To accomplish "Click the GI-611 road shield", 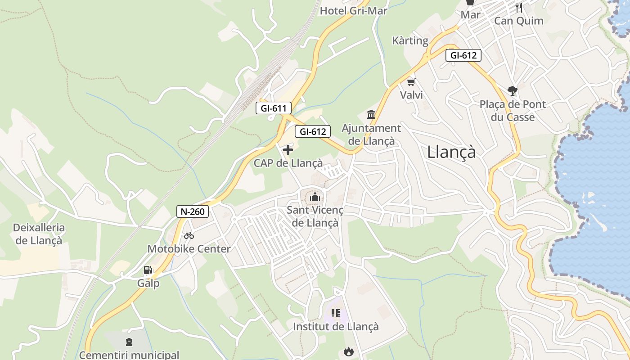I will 274,108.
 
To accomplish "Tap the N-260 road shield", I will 193,211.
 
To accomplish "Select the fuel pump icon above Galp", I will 148,270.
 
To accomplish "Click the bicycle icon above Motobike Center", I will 189,235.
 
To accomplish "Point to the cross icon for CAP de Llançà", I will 288,149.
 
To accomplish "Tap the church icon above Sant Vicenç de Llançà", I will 315,197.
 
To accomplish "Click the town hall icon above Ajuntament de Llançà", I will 371,114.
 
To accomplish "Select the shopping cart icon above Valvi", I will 411,82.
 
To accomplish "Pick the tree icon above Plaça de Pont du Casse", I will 512,91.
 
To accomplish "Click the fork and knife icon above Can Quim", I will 519,7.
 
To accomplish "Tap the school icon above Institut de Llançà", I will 336,313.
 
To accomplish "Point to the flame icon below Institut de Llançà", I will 348,351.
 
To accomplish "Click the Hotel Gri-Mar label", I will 353,11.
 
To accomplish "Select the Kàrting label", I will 410,40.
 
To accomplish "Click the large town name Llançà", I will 451,152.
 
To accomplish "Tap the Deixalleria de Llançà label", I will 39,234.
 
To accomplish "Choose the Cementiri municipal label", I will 129,355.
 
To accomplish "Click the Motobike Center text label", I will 189,249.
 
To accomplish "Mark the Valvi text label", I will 411,95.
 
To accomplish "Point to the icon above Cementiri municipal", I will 129,342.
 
